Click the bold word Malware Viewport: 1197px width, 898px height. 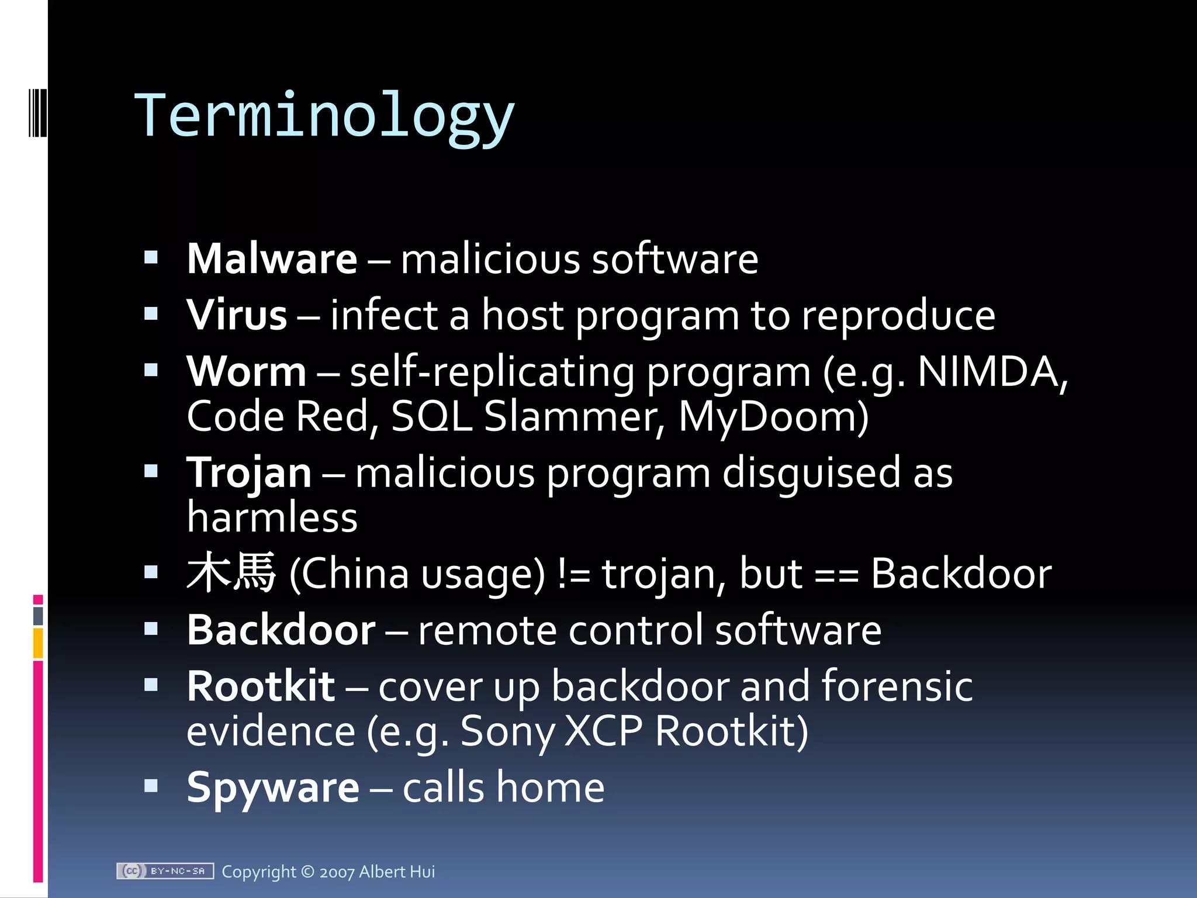coord(272,258)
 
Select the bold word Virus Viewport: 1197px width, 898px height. coord(237,315)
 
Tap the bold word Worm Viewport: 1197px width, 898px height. coord(246,371)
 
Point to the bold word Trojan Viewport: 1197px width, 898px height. coord(249,472)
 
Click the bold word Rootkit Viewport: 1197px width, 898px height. coord(261,686)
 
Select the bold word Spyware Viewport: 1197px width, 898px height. coord(273,787)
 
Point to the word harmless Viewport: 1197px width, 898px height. coord(272,518)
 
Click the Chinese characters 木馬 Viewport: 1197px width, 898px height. coord(231,572)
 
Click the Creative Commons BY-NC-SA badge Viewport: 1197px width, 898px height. coord(165,871)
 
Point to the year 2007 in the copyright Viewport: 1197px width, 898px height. coord(337,872)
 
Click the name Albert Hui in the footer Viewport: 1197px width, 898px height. coord(397,872)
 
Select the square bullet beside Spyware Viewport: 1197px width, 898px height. coord(151,785)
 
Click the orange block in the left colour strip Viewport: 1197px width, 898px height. coord(38,643)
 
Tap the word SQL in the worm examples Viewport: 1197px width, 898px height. coord(431,417)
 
